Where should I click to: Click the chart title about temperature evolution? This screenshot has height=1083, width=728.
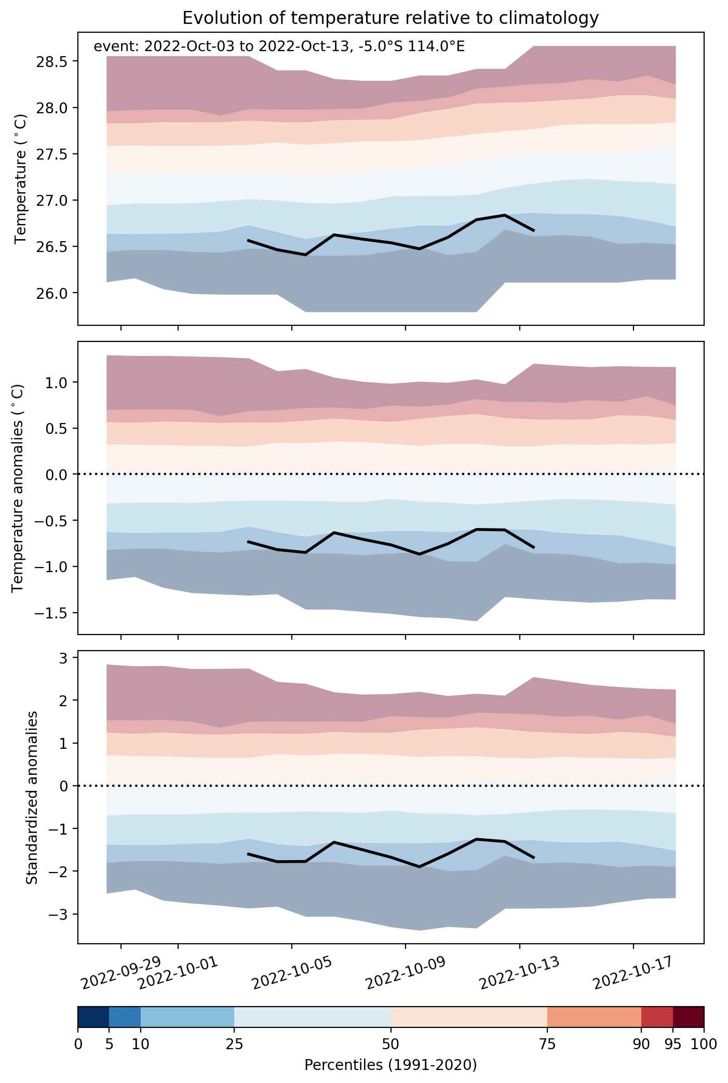pos(390,18)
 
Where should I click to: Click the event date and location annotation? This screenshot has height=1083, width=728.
pos(279,47)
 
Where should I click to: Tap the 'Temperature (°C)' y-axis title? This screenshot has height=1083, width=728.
pos(20,179)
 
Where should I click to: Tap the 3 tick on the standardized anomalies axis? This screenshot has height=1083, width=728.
pos(60,658)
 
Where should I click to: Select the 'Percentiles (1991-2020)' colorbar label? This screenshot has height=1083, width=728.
pos(390,1065)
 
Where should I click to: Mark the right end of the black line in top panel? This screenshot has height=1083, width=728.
pos(534,230)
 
